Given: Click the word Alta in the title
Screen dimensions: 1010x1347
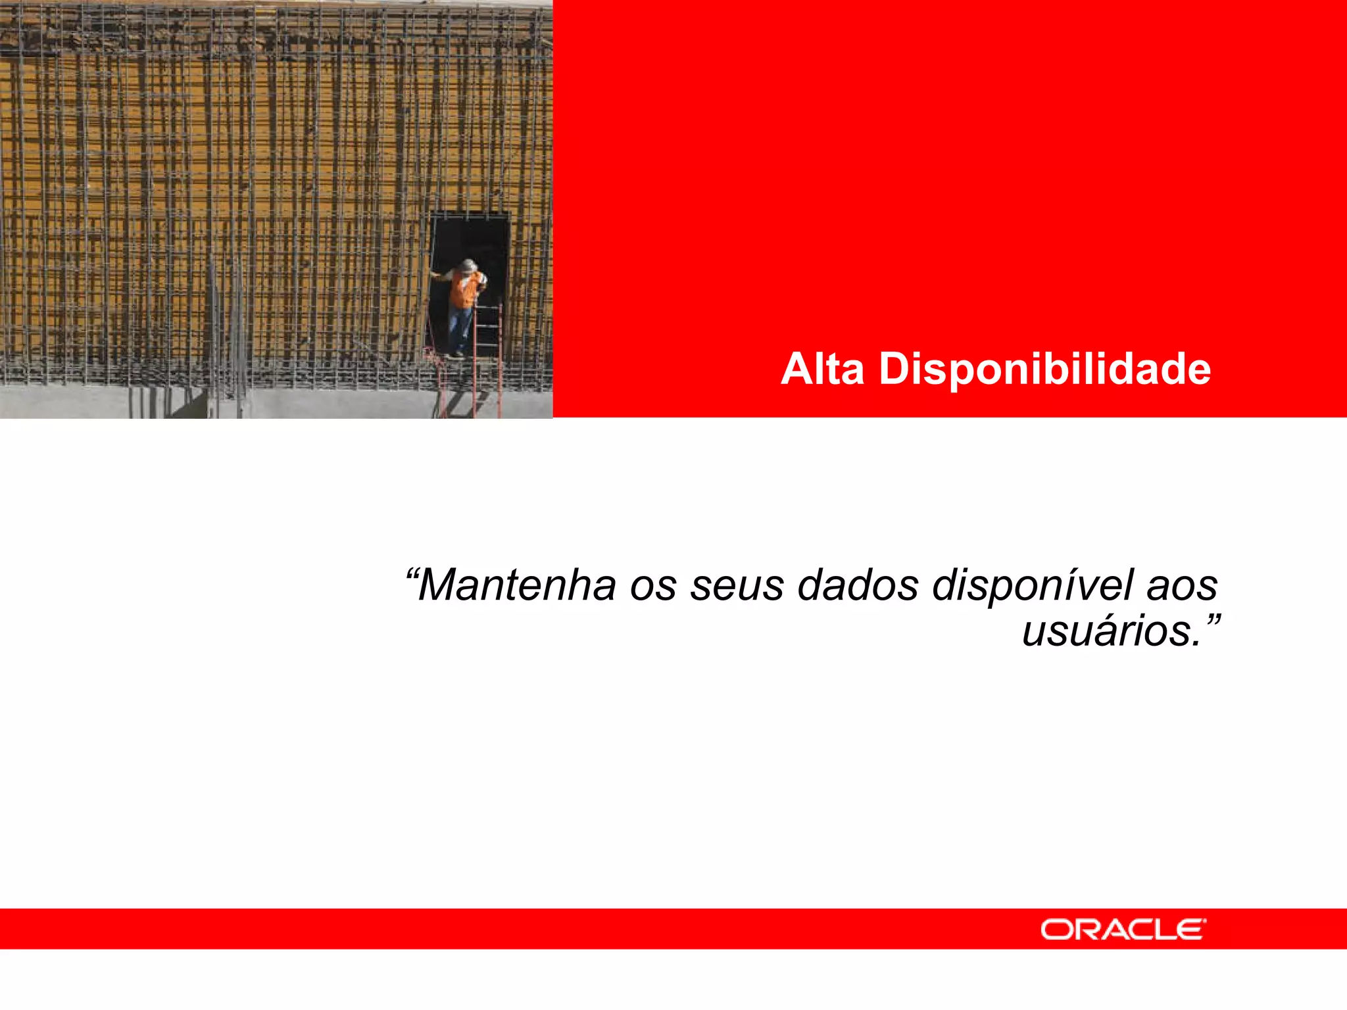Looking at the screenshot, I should coord(822,369).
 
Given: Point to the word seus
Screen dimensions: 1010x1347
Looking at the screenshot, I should coord(737,585).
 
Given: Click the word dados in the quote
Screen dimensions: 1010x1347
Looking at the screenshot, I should coord(858,585).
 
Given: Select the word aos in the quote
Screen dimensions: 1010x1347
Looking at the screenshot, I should coord(1182,585).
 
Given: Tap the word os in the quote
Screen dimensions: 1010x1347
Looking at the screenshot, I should coord(652,585).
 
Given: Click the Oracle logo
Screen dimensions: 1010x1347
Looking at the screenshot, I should coord(1123,929).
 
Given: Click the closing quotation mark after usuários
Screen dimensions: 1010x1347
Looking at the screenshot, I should coord(1212,620).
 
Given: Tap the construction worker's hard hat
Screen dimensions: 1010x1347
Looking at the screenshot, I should coord(468,265).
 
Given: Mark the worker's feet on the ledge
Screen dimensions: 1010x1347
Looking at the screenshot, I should coord(454,355).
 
